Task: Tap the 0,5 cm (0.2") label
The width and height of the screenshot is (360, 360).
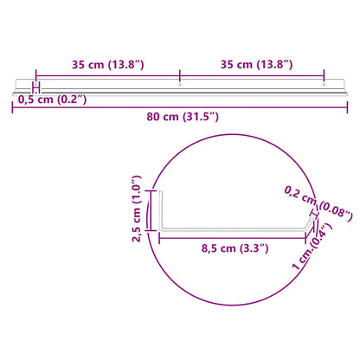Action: click(52, 99)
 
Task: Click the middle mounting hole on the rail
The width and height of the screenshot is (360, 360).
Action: click(180, 85)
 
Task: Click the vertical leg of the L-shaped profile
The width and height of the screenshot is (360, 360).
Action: click(160, 212)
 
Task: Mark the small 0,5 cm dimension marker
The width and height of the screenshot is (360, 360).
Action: click(35, 87)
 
